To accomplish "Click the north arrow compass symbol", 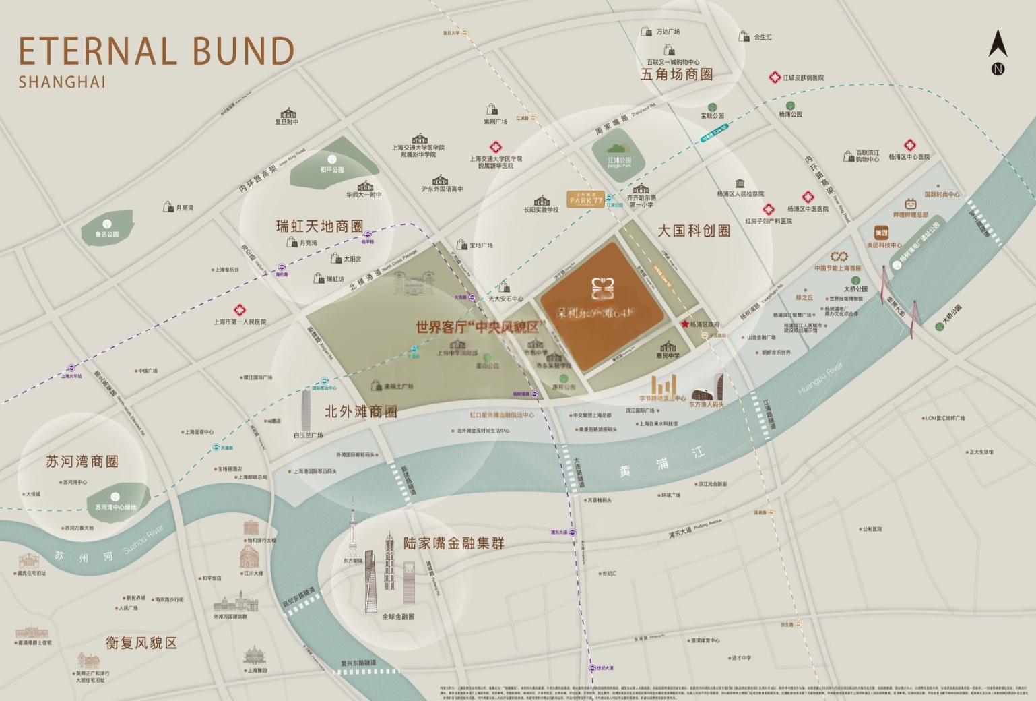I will point(998,51).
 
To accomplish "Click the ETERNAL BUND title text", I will point(156,51).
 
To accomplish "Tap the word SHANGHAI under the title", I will point(62,82).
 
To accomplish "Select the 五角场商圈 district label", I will point(676,75).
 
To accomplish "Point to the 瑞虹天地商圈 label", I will point(320,226).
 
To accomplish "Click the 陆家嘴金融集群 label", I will point(453,543).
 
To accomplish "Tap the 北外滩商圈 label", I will point(361,411).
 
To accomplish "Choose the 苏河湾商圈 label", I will point(82,462).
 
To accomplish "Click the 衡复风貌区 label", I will point(141,643).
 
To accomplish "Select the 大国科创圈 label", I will point(694,231).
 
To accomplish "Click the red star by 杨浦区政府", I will point(685,324).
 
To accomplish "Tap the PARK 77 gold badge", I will point(585,200).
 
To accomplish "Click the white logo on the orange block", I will point(603,288).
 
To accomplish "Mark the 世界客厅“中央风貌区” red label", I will point(480,327).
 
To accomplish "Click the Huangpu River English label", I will point(820,379).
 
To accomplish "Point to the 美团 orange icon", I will point(880,233).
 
